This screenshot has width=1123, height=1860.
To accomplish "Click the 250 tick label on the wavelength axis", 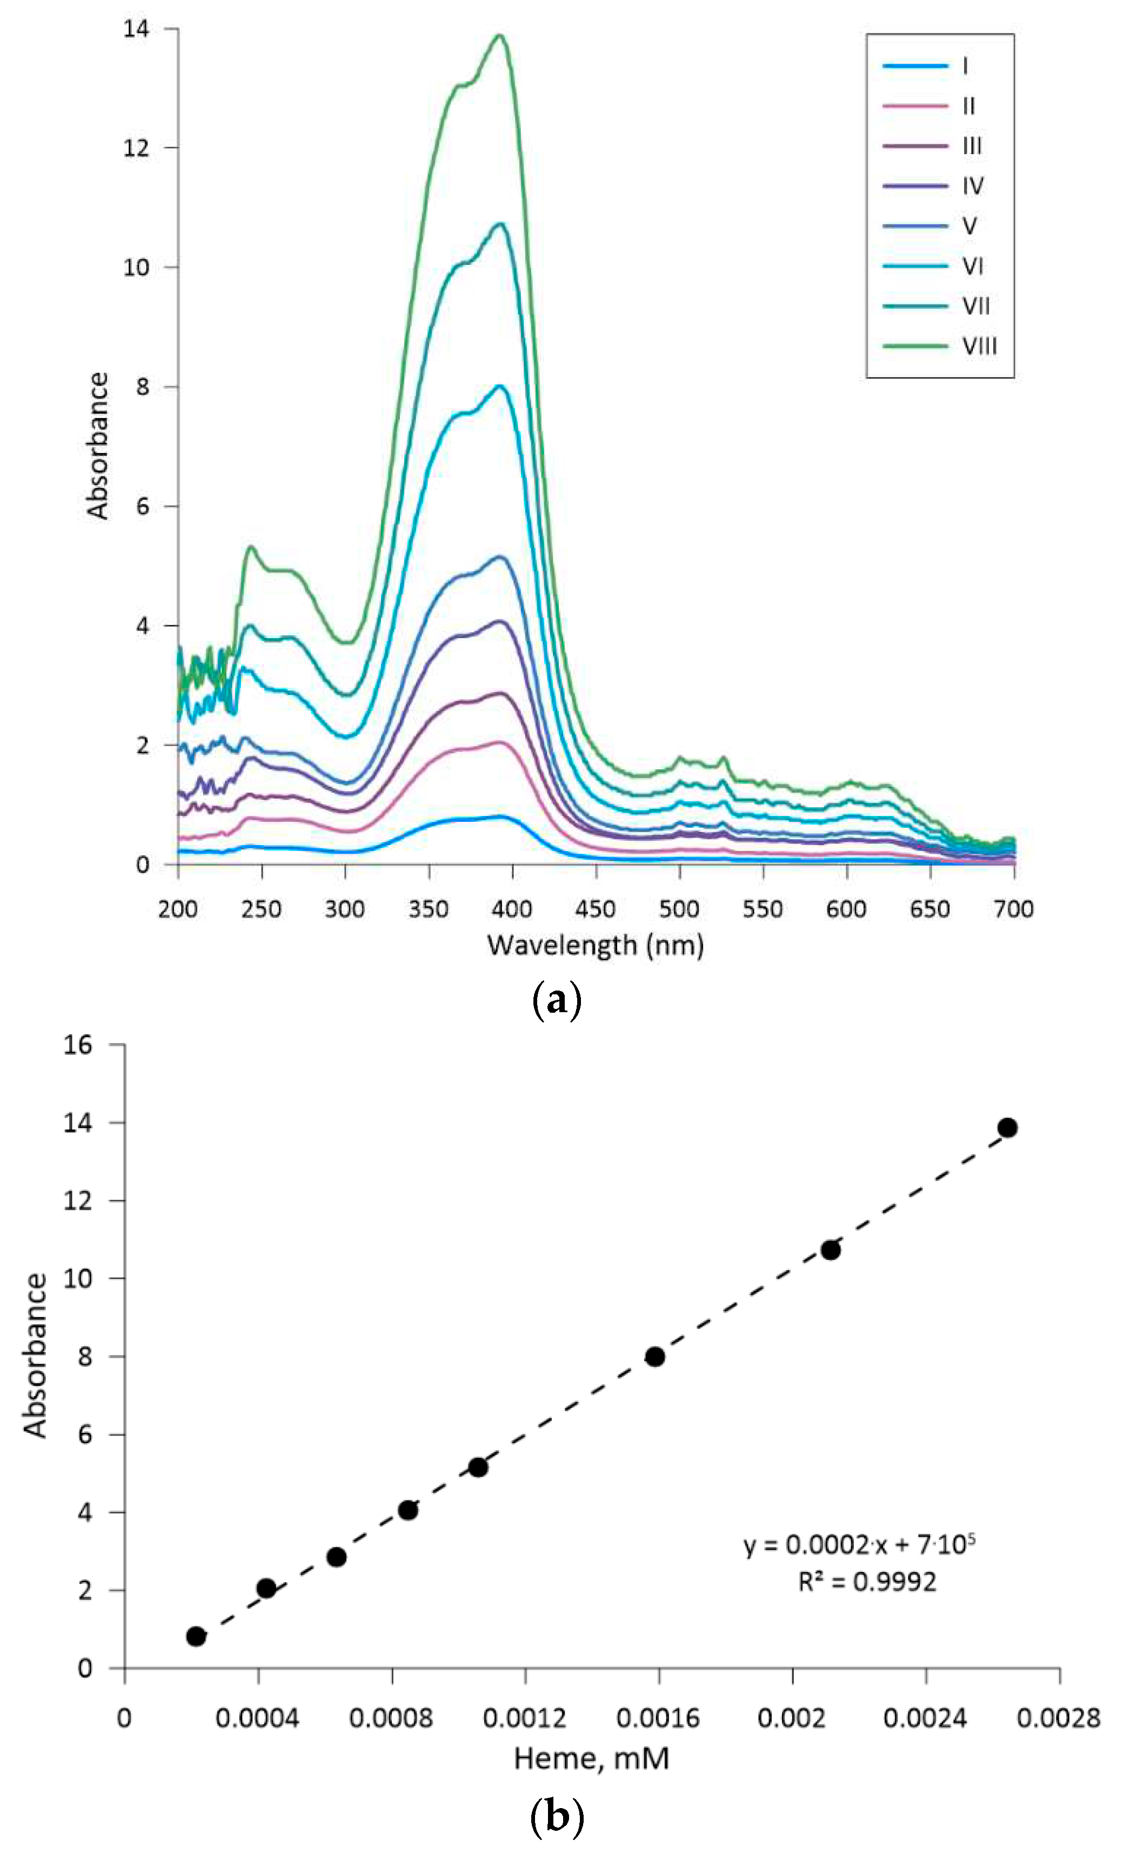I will [x=261, y=909].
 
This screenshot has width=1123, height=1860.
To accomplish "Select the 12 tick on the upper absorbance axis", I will [x=137, y=148].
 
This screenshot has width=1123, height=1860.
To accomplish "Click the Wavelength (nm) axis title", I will [x=596, y=945].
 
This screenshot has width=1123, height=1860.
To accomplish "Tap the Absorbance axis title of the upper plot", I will [x=98, y=446].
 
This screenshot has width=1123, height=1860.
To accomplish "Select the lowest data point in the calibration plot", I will [x=196, y=1636].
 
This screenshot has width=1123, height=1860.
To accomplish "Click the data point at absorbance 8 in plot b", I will [x=654, y=1357].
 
